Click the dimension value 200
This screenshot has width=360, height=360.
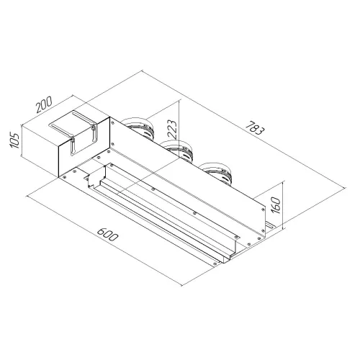44,104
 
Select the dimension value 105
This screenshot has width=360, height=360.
14,140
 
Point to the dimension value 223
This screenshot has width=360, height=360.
172,129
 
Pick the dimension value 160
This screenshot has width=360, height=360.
276,205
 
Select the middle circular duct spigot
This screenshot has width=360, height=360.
177,150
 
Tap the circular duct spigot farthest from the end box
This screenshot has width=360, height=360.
217,174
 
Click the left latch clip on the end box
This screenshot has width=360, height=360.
73,145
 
